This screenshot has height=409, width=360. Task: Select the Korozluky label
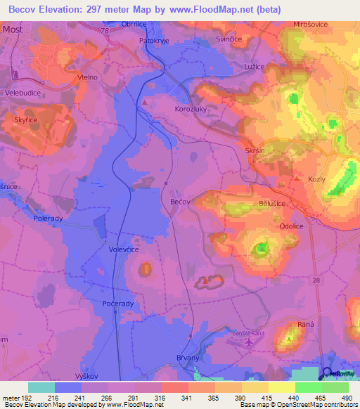click(191, 110)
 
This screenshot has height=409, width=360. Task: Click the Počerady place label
click(117, 303)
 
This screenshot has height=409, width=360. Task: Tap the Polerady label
click(49, 219)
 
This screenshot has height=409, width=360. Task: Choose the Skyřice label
click(26, 121)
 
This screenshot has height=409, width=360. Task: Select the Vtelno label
click(88, 78)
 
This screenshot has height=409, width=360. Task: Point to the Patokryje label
click(155, 40)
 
